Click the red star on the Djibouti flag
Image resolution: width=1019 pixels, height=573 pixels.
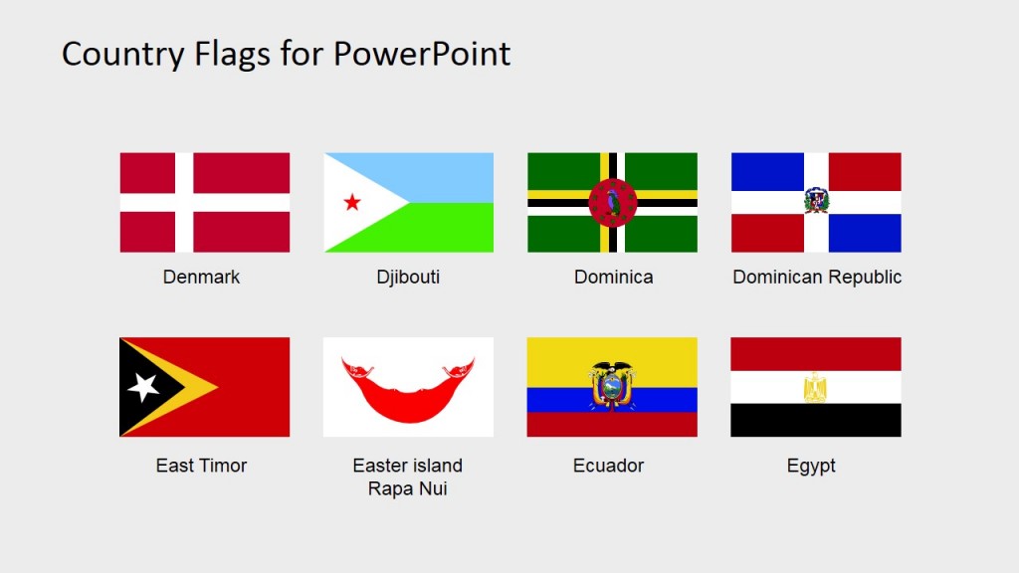(x=352, y=203)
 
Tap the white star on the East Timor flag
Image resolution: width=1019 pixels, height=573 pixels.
(x=144, y=387)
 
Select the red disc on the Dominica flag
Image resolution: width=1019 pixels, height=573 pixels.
(x=612, y=203)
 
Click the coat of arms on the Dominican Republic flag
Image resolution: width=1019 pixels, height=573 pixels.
(x=816, y=201)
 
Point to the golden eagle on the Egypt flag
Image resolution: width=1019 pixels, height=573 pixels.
(x=815, y=387)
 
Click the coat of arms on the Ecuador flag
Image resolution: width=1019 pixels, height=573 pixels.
(x=612, y=385)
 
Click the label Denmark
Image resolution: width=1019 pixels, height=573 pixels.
(x=202, y=278)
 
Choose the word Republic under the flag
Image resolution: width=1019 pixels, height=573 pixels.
(x=862, y=278)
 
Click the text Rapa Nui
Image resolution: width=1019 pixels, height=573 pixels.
(x=407, y=488)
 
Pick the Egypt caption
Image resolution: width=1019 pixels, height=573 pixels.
(x=811, y=466)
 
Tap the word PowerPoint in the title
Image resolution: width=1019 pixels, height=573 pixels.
(x=421, y=54)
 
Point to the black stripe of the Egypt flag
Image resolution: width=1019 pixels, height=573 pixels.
(x=816, y=420)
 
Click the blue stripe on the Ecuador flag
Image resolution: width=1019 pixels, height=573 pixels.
(x=557, y=400)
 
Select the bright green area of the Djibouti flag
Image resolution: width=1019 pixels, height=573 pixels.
(x=448, y=229)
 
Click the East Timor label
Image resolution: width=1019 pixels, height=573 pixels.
(x=202, y=466)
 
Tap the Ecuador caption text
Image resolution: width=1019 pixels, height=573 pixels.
(x=608, y=466)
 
